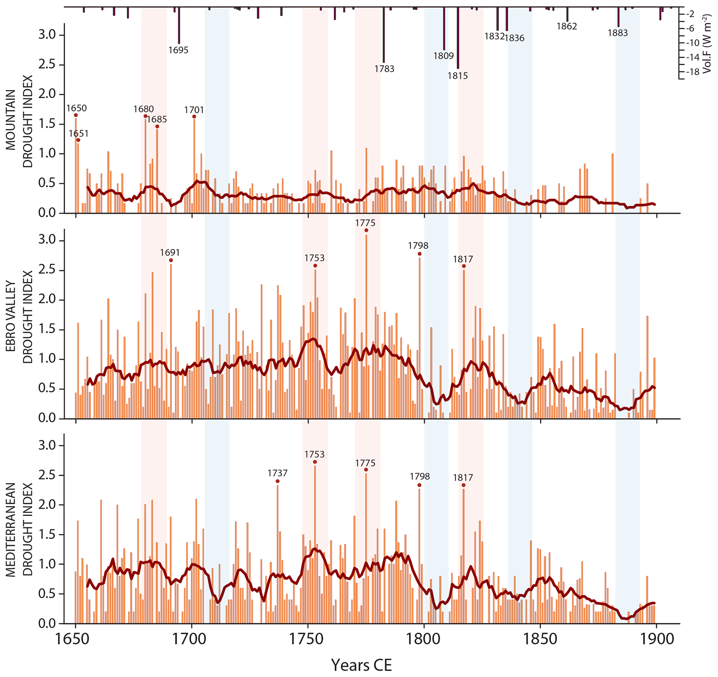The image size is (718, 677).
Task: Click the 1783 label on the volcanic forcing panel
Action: [384, 69]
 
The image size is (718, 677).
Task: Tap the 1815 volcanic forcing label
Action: [457, 76]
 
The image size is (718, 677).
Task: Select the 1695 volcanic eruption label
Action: [179, 50]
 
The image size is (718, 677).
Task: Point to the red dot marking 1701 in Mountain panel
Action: [194, 117]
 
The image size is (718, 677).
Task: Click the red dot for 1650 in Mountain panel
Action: [76, 115]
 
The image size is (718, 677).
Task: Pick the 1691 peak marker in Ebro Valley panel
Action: [171, 260]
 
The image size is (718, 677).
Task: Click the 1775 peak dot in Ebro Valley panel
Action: [366, 230]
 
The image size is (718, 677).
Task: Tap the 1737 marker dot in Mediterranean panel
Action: [278, 481]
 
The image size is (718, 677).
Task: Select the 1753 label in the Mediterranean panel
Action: [314, 454]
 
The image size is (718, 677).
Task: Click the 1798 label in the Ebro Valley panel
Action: [418, 246]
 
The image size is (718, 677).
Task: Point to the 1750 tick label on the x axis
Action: [308, 639]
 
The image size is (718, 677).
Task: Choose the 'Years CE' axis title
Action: [362, 665]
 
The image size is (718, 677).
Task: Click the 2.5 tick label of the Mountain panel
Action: [48, 65]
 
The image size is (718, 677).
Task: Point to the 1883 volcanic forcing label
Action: [618, 33]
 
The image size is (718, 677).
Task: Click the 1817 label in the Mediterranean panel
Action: [463, 478]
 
